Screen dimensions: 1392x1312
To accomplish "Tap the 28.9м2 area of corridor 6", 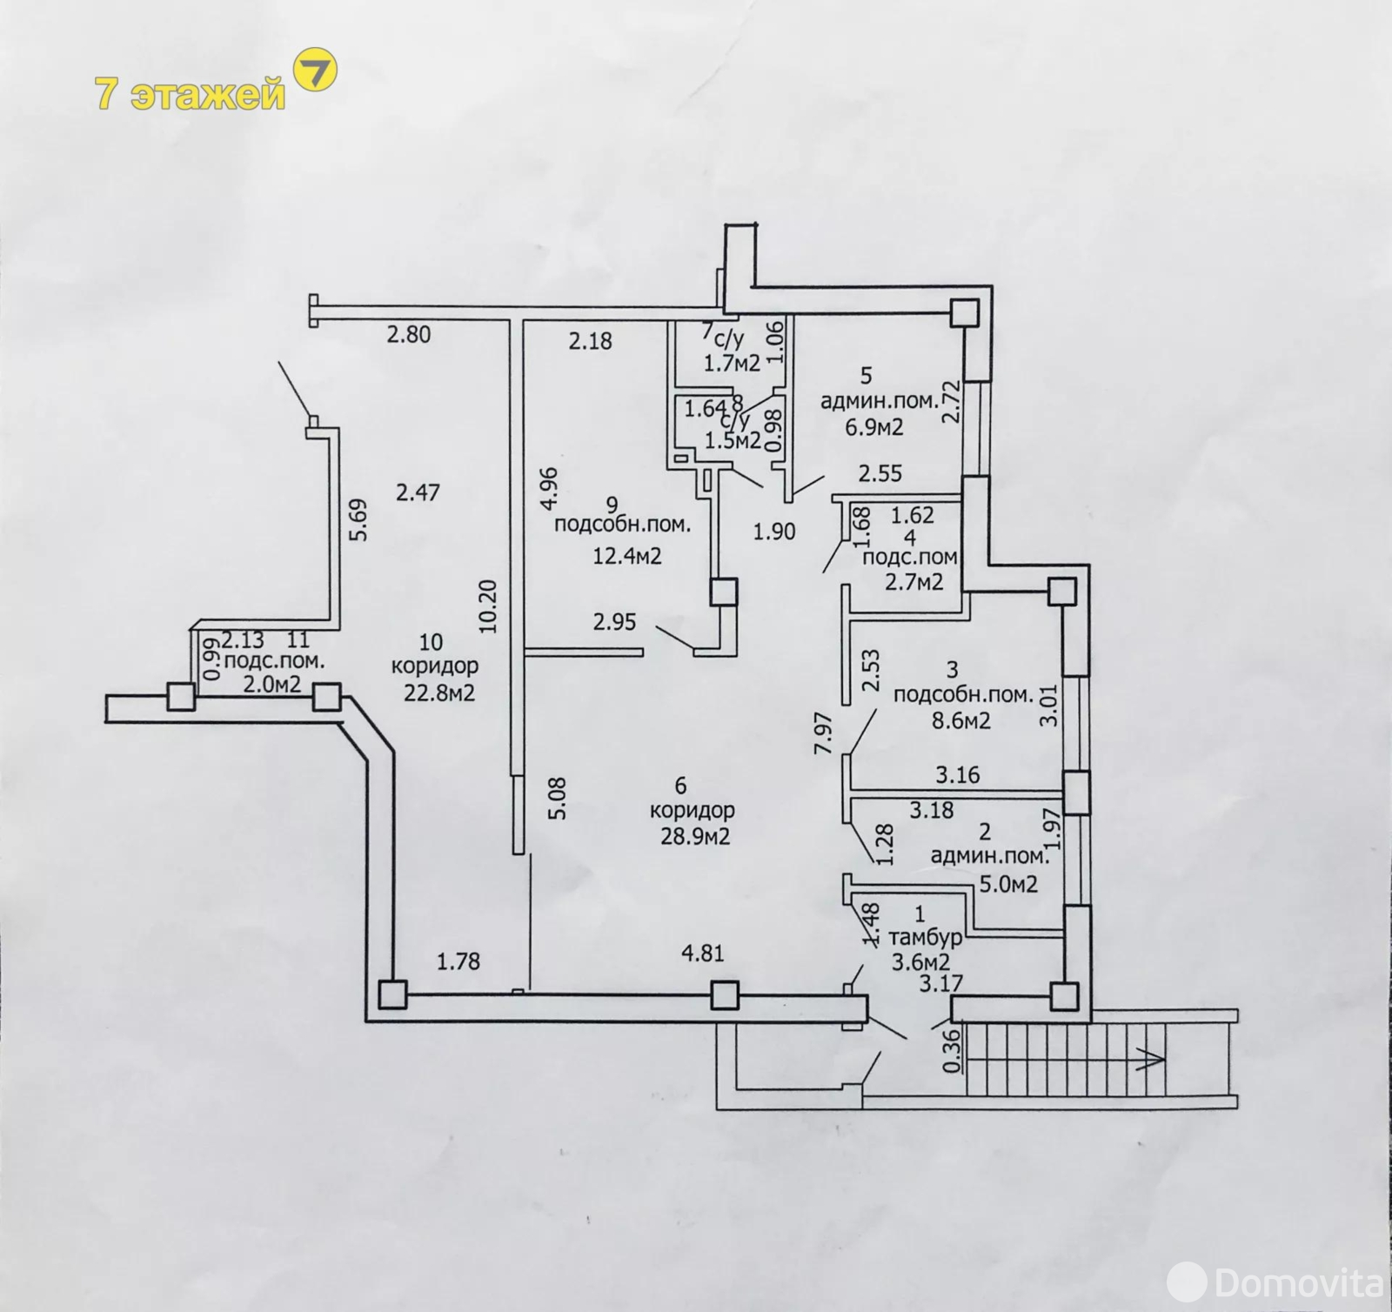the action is tap(694, 837).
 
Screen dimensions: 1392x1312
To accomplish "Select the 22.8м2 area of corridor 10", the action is tap(438, 693).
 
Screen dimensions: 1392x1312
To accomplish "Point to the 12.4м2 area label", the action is tap(627, 555).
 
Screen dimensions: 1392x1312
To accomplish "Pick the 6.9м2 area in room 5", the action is tap(872, 427).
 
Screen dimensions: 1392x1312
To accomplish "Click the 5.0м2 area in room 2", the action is tap(1008, 885).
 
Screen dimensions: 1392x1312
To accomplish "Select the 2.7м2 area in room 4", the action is tap(913, 582).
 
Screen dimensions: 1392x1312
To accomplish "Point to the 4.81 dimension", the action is tap(702, 954).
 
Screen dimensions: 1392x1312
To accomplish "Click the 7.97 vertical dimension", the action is tap(824, 733).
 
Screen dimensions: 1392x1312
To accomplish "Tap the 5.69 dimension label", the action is tap(358, 519).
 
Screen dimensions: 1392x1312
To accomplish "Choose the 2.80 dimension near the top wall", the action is tap(409, 334).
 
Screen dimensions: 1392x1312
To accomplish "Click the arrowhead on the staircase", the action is tap(1151, 1058).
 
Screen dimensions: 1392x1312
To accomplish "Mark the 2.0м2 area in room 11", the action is tap(271, 685).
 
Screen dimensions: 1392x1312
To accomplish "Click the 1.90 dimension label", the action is tap(774, 532).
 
